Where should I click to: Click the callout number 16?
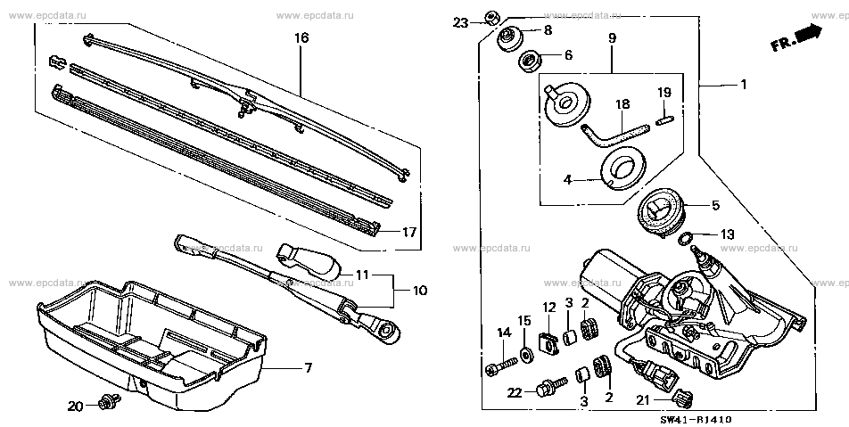pyautogui.click(x=301, y=38)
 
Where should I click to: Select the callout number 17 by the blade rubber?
pyautogui.click(x=408, y=233)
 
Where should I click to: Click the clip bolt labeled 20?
pyautogui.click(x=111, y=403)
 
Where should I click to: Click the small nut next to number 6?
pyautogui.click(x=528, y=62)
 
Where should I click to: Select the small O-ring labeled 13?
pyautogui.click(x=686, y=238)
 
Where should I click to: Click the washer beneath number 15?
pyautogui.click(x=528, y=350)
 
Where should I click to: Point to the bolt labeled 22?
pyautogui.click(x=547, y=389)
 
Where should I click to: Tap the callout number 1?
pyautogui.click(x=742, y=84)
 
